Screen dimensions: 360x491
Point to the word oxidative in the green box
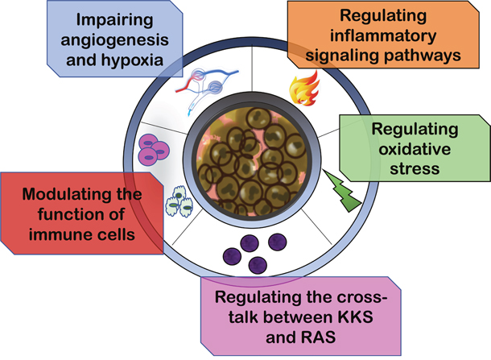point(411,149)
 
